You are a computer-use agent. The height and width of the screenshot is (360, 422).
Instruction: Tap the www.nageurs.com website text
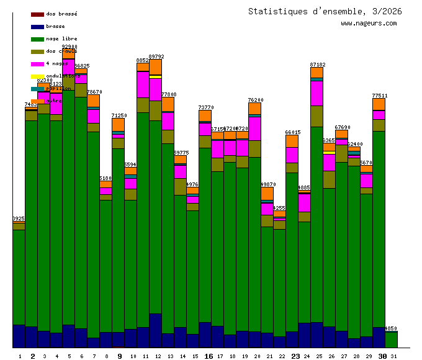point(369,24)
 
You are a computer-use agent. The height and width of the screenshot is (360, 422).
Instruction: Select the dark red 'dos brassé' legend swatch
point(37,14)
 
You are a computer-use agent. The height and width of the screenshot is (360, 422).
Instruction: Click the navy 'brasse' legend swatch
point(37,26)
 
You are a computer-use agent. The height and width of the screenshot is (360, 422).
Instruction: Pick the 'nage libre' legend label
point(61,38)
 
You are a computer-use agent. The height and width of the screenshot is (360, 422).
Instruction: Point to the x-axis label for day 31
point(394,356)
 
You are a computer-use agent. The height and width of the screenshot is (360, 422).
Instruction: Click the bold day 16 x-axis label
point(209,356)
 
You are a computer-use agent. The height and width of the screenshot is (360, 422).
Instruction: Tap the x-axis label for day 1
point(20,356)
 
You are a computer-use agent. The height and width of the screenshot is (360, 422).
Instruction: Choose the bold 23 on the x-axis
point(295,356)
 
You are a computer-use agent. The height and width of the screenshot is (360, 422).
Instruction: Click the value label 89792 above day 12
point(156,56)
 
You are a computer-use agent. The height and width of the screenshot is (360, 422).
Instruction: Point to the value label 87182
point(317,65)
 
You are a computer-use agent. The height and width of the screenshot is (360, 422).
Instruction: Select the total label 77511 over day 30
point(380,96)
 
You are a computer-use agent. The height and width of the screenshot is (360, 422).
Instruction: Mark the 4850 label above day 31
point(391,328)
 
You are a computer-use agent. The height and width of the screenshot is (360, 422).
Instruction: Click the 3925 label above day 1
point(19,218)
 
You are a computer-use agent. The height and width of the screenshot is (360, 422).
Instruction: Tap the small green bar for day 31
point(391,340)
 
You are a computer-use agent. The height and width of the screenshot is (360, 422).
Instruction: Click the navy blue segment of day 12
point(155,330)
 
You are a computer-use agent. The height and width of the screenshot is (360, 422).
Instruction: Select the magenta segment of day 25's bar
point(316,93)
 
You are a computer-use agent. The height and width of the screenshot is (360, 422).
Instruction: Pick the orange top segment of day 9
point(118,124)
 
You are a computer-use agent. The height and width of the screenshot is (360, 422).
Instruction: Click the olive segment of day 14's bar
point(180,186)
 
